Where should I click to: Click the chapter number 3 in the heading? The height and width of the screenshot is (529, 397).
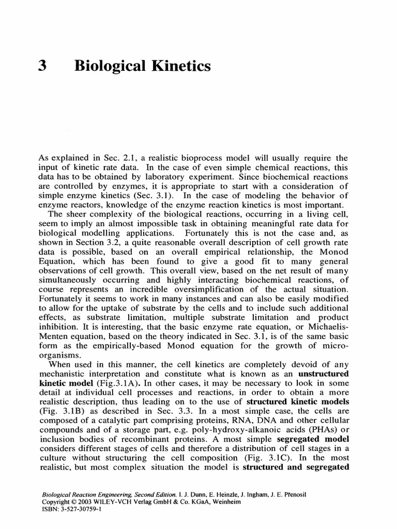point(44,66)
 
